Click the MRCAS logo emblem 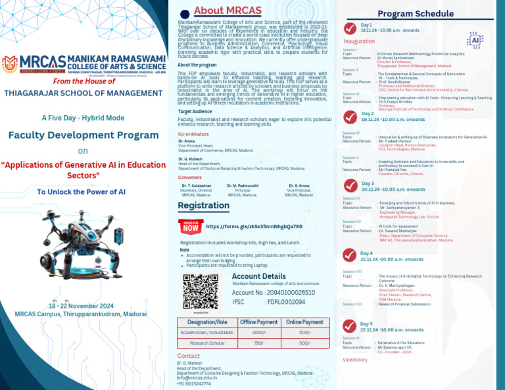[10, 64]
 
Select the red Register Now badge [191, 227]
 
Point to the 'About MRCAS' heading [228, 11]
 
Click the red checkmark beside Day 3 [350, 185]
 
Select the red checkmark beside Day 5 [350, 326]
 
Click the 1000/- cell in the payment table [259, 333]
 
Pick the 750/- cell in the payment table [259, 343]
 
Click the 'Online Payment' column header [304, 322]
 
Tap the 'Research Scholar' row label [208, 343]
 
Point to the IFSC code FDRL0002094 [285, 302]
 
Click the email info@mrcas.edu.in [197, 378]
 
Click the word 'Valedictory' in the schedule [355, 360]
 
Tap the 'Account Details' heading [259, 276]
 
